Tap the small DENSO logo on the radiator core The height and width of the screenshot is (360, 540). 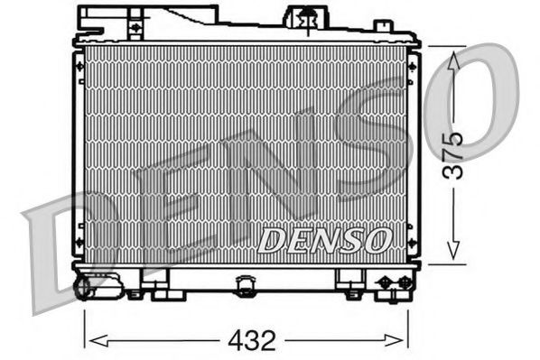pos(325,240)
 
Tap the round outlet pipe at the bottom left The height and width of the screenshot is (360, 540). pos(85,287)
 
